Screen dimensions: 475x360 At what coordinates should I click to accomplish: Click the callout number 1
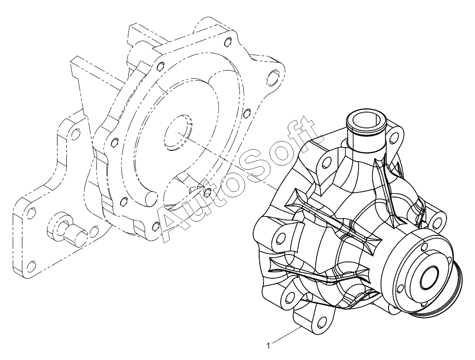click(x=268, y=346)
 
